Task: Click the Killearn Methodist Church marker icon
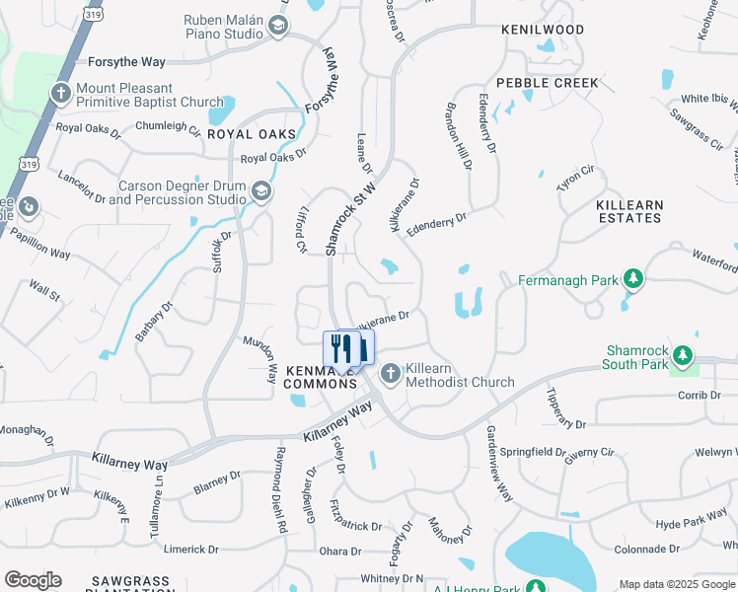[x=391, y=374]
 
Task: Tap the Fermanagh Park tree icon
[x=631, y=280]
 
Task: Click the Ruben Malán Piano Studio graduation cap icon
[x=278, y=26]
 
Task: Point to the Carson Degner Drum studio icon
[x=261, y=191]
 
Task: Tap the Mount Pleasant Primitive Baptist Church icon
[x=60, y=94]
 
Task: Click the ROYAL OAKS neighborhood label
[x=251, y=133]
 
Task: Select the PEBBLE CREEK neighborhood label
[x=547, y=83]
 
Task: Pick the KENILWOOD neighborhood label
[x=543, y=31]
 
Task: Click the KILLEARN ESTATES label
[x=629, y=212]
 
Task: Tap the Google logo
[x=32, y=580]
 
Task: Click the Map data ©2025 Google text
[x=677, y=584]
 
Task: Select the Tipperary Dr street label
[x=566, y=407]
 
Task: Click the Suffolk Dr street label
[x=222, y=252]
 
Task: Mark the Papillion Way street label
[x=39, y=246]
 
